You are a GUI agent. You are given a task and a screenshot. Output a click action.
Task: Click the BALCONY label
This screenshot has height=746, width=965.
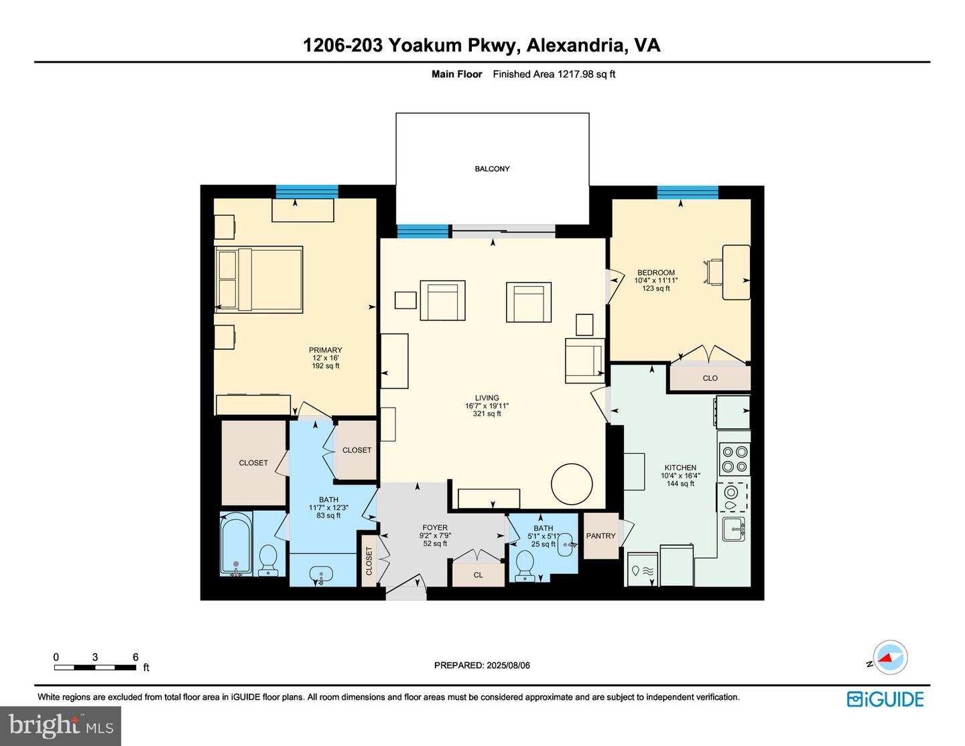click(492, 169)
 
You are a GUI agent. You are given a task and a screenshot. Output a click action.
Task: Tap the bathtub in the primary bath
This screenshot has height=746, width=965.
click(236, 544)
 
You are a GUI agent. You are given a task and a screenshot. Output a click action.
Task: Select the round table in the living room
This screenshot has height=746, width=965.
click(572, 483)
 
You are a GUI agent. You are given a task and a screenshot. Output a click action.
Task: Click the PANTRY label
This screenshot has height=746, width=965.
click(600, 536)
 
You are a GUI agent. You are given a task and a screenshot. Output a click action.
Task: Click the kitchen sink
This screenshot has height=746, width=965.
click(734, 529)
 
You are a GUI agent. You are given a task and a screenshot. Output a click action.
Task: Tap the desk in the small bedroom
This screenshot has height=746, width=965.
click(736, 272)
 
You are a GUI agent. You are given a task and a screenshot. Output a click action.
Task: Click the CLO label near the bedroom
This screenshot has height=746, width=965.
click(710, 378)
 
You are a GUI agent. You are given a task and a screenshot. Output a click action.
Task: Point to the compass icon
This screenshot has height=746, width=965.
click(890, 658)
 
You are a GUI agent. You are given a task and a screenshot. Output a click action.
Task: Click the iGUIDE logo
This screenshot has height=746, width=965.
click(885, 699)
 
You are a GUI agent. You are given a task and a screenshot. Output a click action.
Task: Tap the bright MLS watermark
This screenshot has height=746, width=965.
click(61, 726)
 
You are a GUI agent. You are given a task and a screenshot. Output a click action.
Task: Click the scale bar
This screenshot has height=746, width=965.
click(95, 667)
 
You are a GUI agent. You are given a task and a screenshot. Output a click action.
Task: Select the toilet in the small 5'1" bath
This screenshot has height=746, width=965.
click(525, 566)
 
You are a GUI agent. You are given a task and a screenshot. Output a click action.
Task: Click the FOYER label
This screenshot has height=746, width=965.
click(435, 527)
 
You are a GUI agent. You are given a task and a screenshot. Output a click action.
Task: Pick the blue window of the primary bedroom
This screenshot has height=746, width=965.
click(307, 192)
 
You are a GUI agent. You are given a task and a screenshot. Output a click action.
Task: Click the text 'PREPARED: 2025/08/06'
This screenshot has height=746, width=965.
click(482, 666)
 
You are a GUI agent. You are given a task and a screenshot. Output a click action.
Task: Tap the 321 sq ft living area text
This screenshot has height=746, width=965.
click(487, 414)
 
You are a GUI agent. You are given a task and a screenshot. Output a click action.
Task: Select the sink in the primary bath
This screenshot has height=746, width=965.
click(322, 575)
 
